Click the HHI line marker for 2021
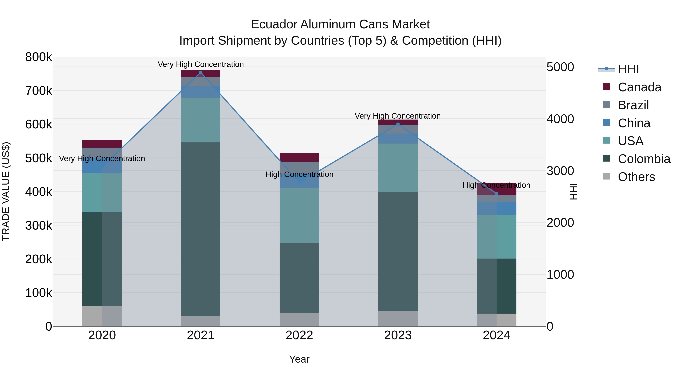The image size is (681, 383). pos(201,72)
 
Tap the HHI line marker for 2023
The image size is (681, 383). pos(398,124)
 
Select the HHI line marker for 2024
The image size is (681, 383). pos(497,194)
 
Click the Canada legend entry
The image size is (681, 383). pos(639,87)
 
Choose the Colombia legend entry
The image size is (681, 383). pos(644,159)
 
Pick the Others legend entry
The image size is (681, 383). pos(636,177)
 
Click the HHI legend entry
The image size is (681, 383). pos(628,69)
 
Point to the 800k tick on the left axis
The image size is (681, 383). pos(39,57)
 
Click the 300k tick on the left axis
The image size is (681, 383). pos(39,226)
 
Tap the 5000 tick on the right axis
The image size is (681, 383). pos(560,67)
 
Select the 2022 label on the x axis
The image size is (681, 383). pos(299,335)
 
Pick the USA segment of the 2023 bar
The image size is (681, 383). pos(398,168)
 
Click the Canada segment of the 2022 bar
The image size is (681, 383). pos(299,157)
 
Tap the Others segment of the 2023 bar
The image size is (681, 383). pos(398,319)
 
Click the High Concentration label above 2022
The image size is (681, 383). pos(299,174)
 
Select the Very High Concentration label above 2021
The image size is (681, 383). pos(201,64)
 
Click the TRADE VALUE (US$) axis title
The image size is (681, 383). pos(6,191)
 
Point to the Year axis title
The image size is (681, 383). pos(299,359)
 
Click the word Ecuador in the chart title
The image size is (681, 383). pos(274,24)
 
